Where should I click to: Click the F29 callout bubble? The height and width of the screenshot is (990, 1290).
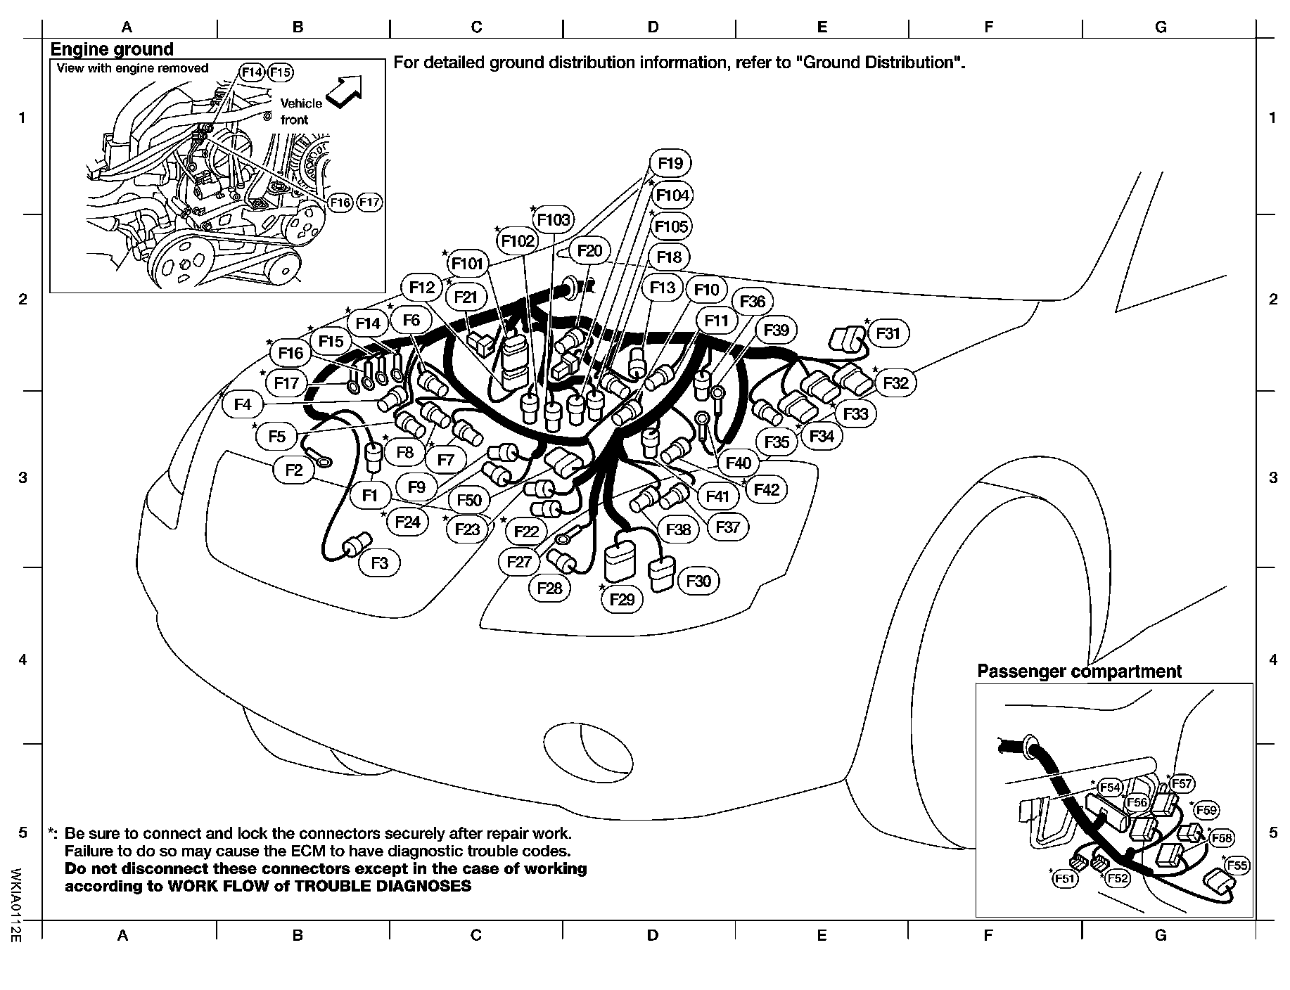pos(622,599)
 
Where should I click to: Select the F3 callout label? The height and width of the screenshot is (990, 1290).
pos(380,563)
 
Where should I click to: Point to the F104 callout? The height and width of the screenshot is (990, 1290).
pos(672,195)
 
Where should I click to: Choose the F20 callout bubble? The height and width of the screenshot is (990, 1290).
pos(589,251)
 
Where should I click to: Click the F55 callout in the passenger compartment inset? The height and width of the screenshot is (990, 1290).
pos(1237,866)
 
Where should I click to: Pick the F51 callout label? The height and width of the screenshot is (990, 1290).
pos(1066,878)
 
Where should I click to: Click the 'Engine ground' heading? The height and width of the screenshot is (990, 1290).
pos(112,49)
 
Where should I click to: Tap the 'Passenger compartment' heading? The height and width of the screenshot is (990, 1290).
pos(1079,671)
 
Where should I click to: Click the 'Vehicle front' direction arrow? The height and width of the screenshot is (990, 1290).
pos(344,92)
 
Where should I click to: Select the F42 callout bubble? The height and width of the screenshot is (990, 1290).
pos(767,489)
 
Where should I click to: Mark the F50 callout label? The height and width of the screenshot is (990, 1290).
pos(469,500)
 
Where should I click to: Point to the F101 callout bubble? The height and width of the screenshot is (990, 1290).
pos(468,264)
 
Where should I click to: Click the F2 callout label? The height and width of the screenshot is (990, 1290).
pos(294,470)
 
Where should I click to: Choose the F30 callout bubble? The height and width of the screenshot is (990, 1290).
pos(698,581)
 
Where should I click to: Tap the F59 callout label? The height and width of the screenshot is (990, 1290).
pos(1206,810)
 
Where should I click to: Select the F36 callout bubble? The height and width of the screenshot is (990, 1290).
pos(753,302)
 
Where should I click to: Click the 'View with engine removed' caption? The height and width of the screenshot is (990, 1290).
pos(132,68)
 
